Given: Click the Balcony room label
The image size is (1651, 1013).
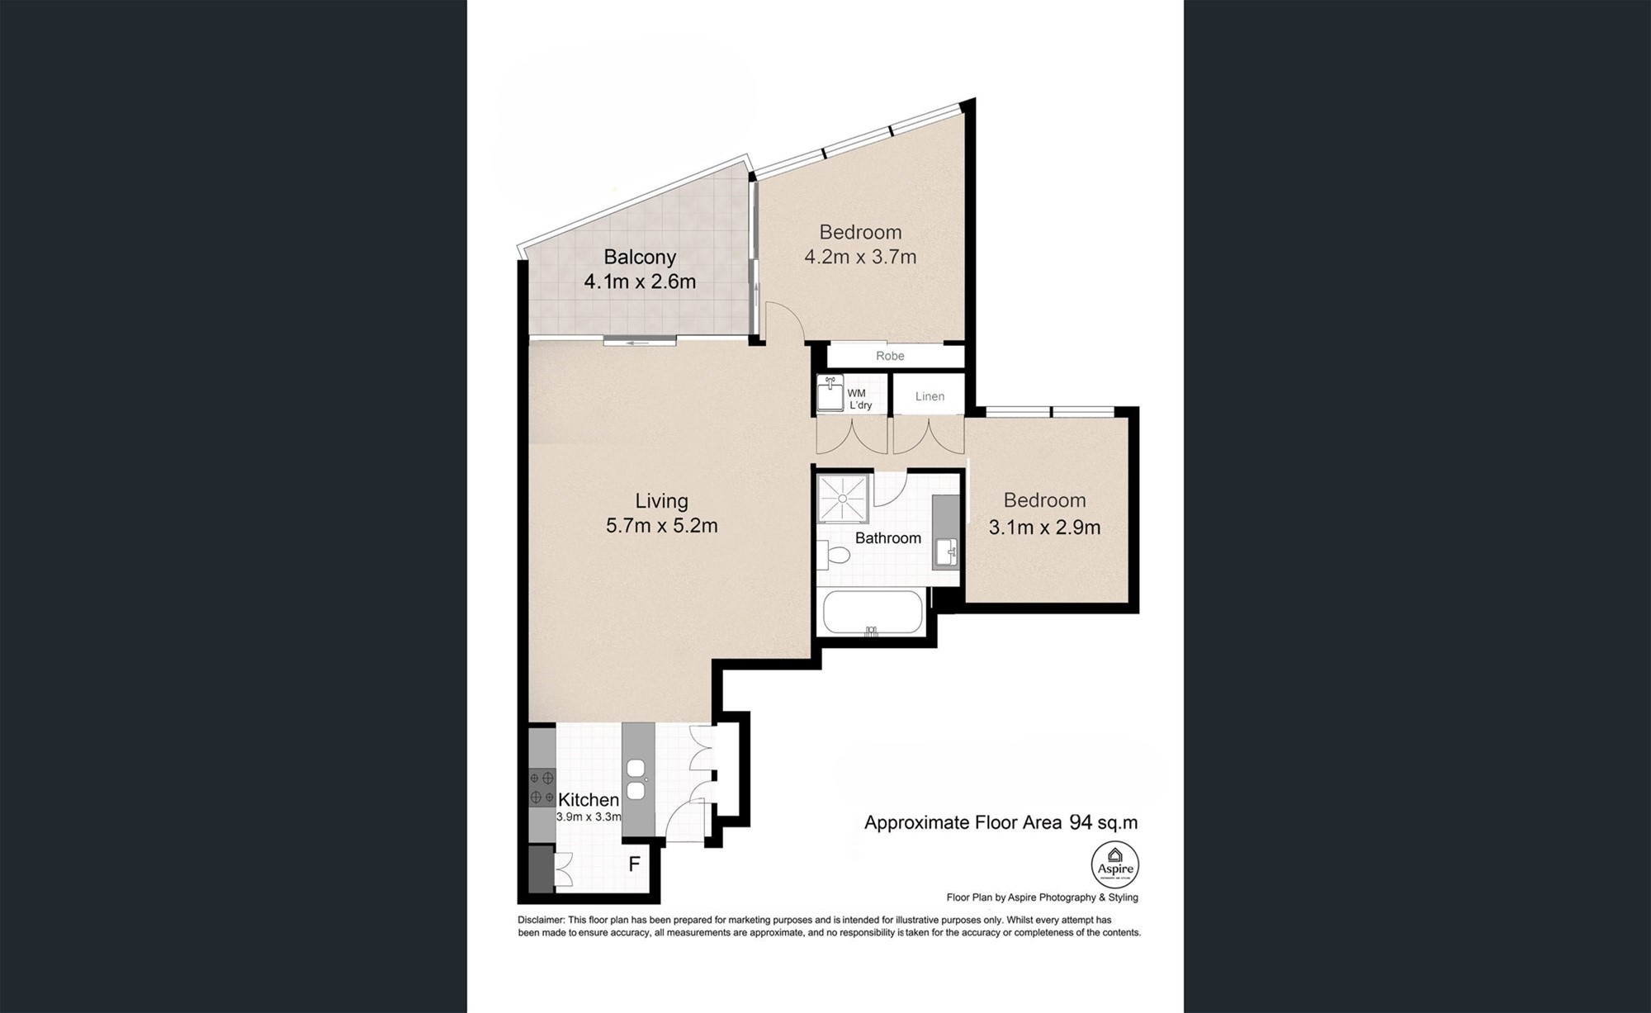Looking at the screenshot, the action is [640, 258].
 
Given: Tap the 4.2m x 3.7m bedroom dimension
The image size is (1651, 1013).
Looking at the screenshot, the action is [860, 257].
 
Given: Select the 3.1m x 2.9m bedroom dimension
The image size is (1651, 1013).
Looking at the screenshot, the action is [1044, 527].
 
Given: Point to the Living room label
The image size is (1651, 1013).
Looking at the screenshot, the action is [661, 501].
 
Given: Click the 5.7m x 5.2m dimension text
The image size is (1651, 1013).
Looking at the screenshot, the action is [661, 526].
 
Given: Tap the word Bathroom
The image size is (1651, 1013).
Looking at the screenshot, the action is [888, 538].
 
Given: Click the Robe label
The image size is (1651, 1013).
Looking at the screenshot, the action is [890, 356].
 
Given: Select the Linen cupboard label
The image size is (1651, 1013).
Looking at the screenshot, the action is [930, 396].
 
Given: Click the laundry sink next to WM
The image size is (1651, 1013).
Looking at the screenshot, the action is [830, 394].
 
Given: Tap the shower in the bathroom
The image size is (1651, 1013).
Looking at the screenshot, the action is [844, 499].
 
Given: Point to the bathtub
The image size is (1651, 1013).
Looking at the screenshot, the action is [873, 612].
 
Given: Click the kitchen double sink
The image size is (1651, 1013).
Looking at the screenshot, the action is [636, 779].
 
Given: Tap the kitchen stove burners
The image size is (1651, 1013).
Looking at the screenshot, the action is [542, 788].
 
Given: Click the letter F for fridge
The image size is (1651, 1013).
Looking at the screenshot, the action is [635, 865].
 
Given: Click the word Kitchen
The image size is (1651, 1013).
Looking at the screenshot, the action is [589, 800].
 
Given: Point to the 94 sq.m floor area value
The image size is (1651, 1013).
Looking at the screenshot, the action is [1104, 822].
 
